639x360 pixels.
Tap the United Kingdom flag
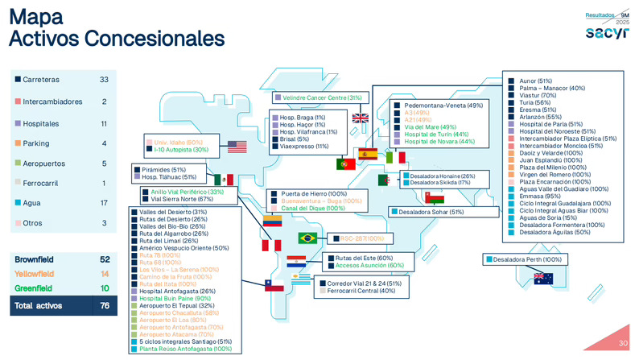click(x=361, y=118)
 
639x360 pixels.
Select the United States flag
click(x=237, y=147)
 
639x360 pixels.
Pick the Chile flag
click(x=274, y=284)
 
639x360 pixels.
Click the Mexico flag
click(x=223, y=179)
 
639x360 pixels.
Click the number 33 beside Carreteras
click(x=103, y=79)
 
